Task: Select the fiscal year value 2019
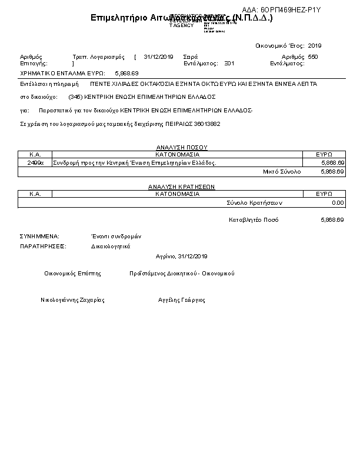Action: pyautogui.click(x=315, y=45)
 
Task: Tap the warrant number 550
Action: pyautogui.click(x=313, y=57)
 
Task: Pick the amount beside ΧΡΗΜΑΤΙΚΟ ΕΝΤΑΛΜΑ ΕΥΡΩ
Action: pyautogui.click(x=127, y=73)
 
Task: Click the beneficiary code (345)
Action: pyautogui.click(x=75, y=96)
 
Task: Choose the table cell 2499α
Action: pyautogui.click(x=35, y=162)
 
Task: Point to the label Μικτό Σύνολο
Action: pyautogui.click(x=282, y=171)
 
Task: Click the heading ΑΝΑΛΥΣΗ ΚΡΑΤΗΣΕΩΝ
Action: pyautogui.click(x=181, y=187)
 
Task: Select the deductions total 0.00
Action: pyautogui.click(x=338, y=202)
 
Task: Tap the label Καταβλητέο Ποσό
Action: pyautogui.click(x=254, y=219)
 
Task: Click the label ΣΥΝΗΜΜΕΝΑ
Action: pyautogui.click(x=39, y=235)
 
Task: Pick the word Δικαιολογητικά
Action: pyautogui.click(x=111, y=246)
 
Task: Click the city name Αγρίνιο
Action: pyautogui.click(x=165, y=256)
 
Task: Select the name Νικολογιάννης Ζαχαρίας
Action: pyautogui.click(x=72, y=299)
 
